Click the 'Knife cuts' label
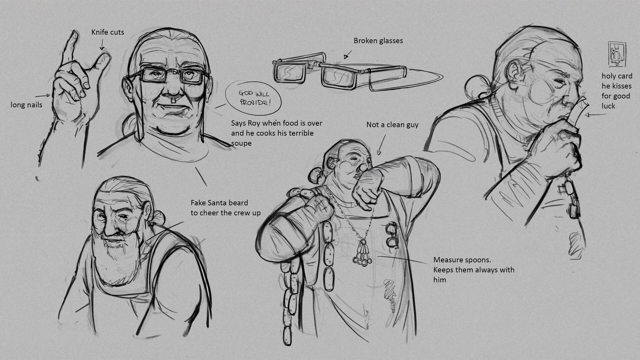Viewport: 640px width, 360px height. click(x=108, y=32)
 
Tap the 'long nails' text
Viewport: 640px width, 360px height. click(x=26, y=105)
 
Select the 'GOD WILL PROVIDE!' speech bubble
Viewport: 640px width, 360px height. click(x=253, y=98)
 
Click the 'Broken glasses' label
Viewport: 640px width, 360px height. click(x=378, y=41)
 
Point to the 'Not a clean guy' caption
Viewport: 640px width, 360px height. click(x=392, y=125)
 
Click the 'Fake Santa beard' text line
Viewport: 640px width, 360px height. click(x=219, y=203)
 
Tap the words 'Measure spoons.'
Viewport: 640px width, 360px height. click(x=462, y=260)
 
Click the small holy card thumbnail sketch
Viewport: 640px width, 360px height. click(x=617, y=54)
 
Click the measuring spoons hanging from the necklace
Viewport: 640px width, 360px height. click(x=362, y=253)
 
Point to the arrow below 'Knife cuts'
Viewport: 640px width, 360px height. click(x=102, y=44)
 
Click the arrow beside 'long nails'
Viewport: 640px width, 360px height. click(x=42, y=96)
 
